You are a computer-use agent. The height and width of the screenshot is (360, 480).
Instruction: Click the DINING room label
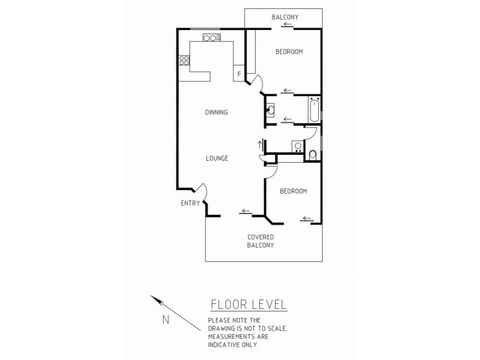click(x=216, y=112)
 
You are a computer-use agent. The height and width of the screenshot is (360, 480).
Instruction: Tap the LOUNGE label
click(x=216, y=158)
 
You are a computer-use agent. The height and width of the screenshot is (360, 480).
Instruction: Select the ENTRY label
click(x=190, y=203)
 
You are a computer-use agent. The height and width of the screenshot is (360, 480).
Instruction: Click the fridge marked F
click(x=239, y=74)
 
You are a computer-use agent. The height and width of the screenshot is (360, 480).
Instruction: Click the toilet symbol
click(x=312, y=155)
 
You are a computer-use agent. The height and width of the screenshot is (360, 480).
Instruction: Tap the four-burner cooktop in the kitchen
click(x=184, y=60)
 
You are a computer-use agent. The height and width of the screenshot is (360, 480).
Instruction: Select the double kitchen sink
click(x=209, y=38)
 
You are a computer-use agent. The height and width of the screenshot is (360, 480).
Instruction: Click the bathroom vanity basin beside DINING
click(x=270, y=110)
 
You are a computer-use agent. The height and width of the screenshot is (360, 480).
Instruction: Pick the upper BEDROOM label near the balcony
click(x=289, y=52)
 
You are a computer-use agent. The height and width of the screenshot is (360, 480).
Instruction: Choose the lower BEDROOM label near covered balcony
click(x=293, y=191)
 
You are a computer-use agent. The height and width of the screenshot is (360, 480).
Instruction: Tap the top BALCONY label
click(x=285, y=17)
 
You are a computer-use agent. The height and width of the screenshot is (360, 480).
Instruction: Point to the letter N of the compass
click(x=166, y=319)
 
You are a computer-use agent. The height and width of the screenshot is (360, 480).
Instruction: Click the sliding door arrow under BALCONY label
click(x=289, y=25)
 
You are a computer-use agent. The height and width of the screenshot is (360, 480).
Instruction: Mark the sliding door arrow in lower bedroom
click(x=308, y=218)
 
